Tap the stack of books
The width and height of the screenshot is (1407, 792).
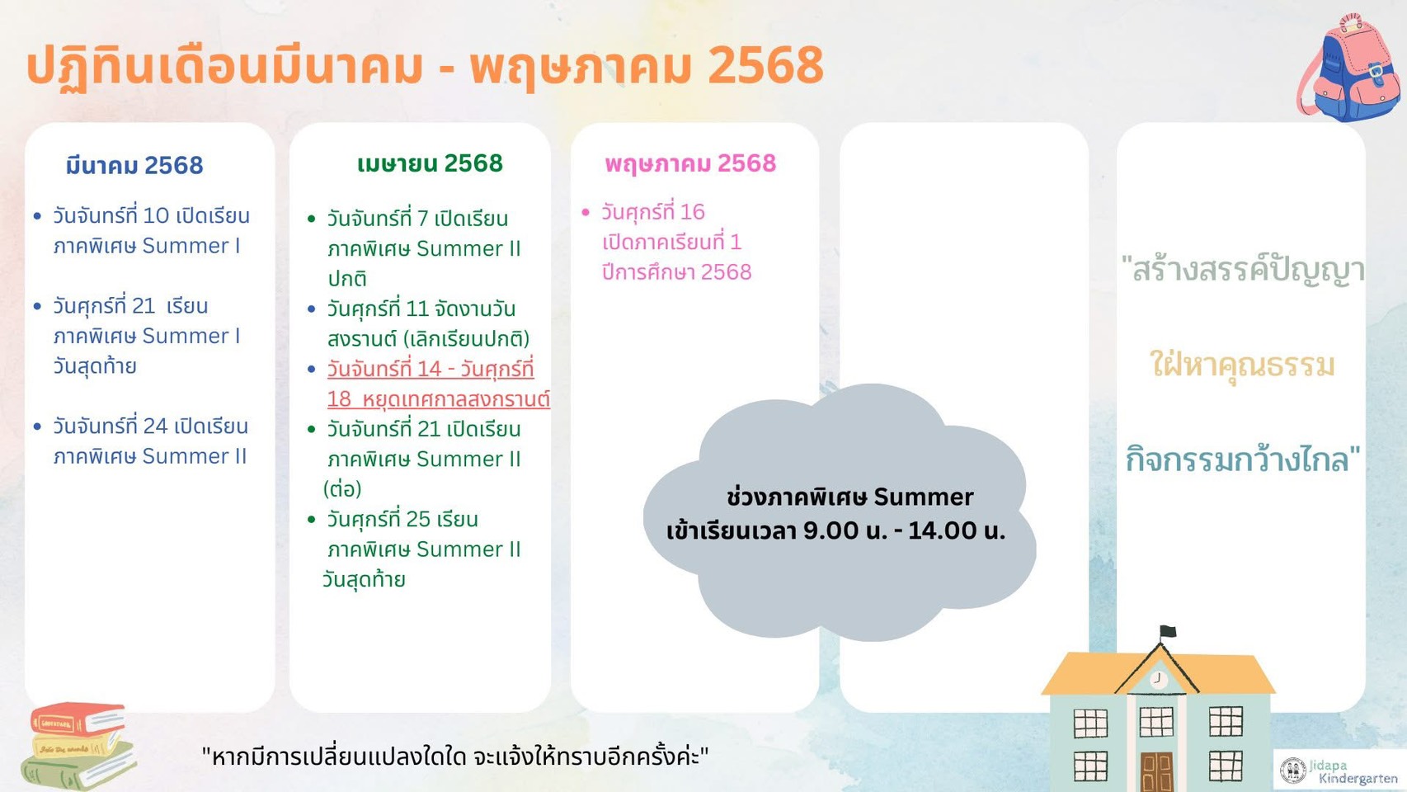click(78, 746)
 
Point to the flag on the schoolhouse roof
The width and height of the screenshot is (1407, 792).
click(1168, 631)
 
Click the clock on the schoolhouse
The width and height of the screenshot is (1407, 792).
click(1158, 679)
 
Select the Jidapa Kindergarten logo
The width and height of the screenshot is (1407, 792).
click(1340, 771)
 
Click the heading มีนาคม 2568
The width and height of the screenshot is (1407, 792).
click(134, 165)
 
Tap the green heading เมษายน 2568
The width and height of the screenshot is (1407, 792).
click(430, 163)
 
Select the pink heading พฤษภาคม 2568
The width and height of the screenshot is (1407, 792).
click(690, 164)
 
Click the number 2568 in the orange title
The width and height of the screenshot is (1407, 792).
click(765, 64)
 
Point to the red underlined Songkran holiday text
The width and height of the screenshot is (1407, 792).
click(439, 384)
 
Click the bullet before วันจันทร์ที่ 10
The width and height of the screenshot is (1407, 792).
click(37, 216)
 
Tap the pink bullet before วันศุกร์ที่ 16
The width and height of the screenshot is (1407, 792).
click(586, 213)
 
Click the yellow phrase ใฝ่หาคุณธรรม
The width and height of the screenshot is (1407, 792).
click(1242, 365)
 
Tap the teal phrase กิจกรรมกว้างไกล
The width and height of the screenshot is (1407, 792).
click(1242, 460)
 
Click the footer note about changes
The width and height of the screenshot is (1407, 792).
click(454, 757)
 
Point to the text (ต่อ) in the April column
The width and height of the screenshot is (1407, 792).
click(342, 489)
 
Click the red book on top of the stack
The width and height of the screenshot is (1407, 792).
click(78, 719)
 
